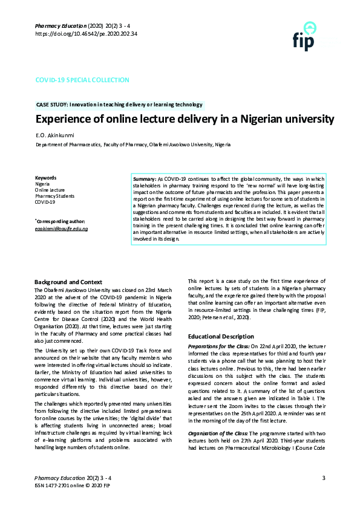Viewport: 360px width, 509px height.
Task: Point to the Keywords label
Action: (x=45, y=178)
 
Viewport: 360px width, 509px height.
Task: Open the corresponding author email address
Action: (x=61, y=229)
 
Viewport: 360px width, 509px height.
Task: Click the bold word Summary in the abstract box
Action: (x=144, y=181)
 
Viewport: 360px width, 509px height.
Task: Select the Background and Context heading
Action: (x=68, y=282)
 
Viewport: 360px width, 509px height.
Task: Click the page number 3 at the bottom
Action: (x=324, y=479)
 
